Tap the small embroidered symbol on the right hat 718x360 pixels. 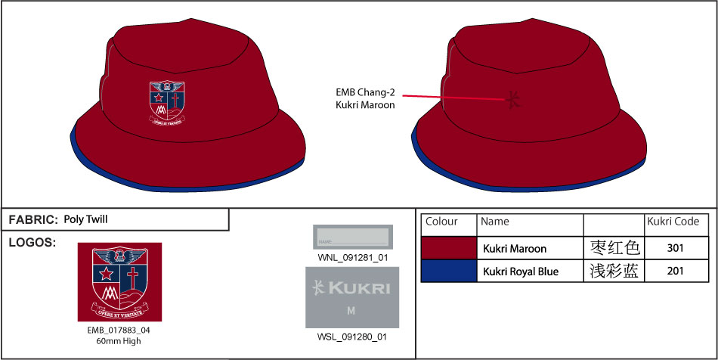tap(514, 99)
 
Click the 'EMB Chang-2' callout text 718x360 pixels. tap(366, 93)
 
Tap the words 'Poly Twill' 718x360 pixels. tap(86, 219)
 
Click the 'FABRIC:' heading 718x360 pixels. tap(33, 219)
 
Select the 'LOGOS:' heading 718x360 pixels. tap(32, 243)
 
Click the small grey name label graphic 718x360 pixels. tap(353, 237)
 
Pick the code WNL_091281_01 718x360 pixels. tap(353, 257)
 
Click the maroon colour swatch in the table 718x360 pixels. tap(448, 248)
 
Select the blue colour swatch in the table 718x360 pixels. tap(448, 271)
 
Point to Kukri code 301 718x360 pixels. tap(676, 248)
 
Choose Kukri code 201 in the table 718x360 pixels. tap(676, 271)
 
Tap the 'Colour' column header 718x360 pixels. tap(441, 222)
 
